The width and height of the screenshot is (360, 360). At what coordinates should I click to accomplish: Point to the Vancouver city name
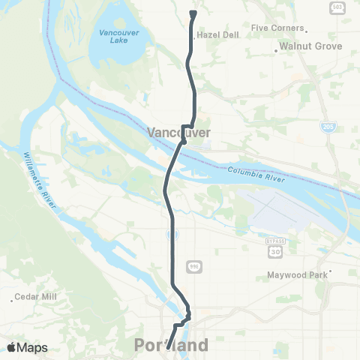click(178, 133)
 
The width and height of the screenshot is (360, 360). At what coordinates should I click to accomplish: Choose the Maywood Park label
click(298, 275)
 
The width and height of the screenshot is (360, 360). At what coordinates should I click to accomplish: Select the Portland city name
click(171, 346)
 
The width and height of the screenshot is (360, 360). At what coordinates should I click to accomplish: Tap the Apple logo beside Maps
click(13, 347)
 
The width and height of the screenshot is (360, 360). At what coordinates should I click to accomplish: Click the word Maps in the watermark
click(34, 347)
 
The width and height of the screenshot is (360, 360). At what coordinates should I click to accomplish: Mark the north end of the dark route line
click(193, 13)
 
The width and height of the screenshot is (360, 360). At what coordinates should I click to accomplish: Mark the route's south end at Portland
click(168, 347)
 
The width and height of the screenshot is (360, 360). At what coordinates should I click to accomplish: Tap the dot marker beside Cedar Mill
click(13, 298)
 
